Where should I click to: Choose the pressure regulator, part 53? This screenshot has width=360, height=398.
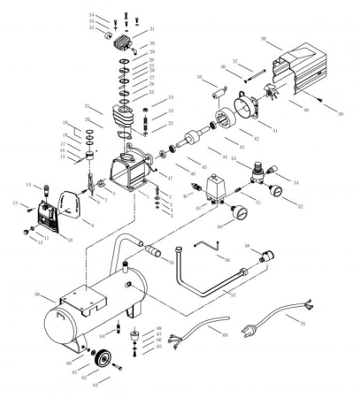(256, 168)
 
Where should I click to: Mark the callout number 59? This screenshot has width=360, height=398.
(36, 294)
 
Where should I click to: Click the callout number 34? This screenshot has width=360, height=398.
(92, 15)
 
